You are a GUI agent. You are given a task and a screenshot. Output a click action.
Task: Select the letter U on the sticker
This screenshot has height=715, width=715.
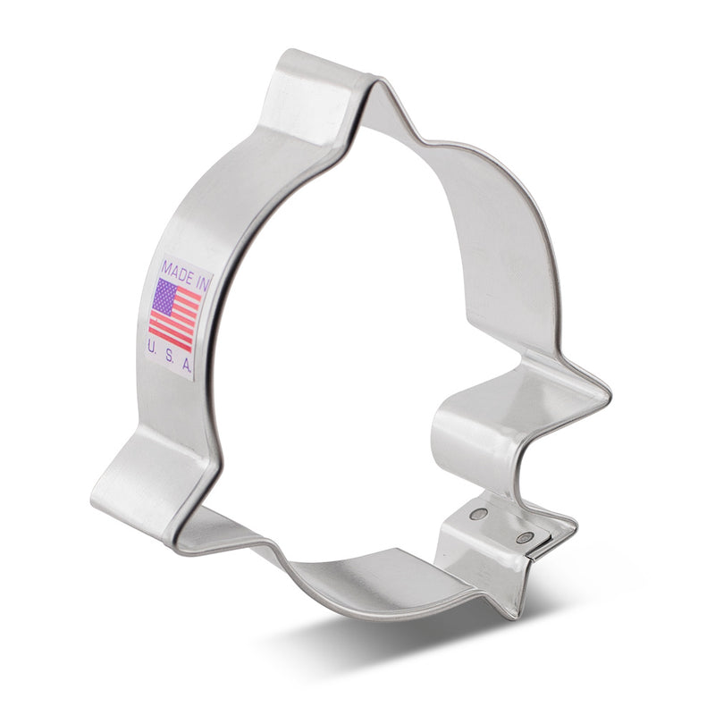[151, 349]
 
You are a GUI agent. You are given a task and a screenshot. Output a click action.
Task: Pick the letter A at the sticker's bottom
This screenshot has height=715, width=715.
[186, 365]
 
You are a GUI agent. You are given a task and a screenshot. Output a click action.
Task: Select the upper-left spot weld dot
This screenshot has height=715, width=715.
[477, 515]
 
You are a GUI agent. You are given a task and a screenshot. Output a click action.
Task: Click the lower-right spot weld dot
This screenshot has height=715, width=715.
[525, 538]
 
